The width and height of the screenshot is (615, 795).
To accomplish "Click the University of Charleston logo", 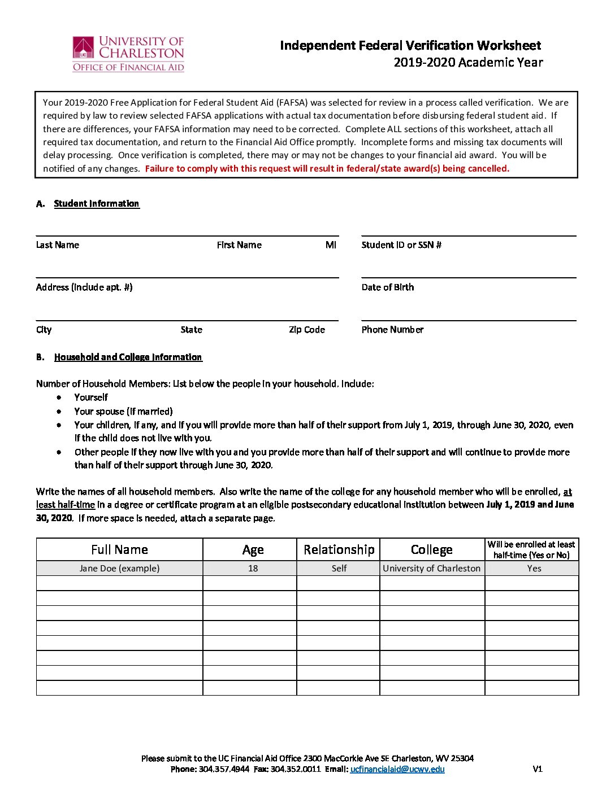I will pos(128,54).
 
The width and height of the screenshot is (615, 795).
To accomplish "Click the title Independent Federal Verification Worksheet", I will pos(410,46).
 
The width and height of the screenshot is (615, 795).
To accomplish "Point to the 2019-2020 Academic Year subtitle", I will pos(468,63).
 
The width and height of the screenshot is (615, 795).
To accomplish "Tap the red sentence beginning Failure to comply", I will pos(327,169).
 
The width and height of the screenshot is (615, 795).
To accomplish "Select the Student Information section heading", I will pos(96,204).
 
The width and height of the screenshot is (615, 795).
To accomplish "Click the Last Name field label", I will pos(58,245).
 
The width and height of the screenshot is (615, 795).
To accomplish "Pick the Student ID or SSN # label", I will pos(401,245).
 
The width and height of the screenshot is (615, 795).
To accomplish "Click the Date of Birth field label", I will pos(388,287).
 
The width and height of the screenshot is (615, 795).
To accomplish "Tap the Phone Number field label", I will pos(392,330).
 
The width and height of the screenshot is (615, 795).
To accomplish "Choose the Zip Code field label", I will pos(307,330).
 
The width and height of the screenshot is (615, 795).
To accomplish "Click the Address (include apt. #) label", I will pos(84,287).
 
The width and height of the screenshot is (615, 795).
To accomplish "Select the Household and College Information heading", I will pos(128,357).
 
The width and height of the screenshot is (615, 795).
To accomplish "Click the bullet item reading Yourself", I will pos(91,397).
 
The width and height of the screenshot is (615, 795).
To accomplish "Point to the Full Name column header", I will pos(119,550).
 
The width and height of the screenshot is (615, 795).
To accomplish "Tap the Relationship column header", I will pos(339,550).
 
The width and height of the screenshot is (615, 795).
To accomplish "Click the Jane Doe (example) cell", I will pos(119,569).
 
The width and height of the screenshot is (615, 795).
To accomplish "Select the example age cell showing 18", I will pos(253,569).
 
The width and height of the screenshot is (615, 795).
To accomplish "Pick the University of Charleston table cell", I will pos(431,569).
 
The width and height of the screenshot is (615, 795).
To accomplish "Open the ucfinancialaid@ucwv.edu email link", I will pos(397,769).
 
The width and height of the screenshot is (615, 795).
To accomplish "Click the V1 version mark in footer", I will pos(538,769).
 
